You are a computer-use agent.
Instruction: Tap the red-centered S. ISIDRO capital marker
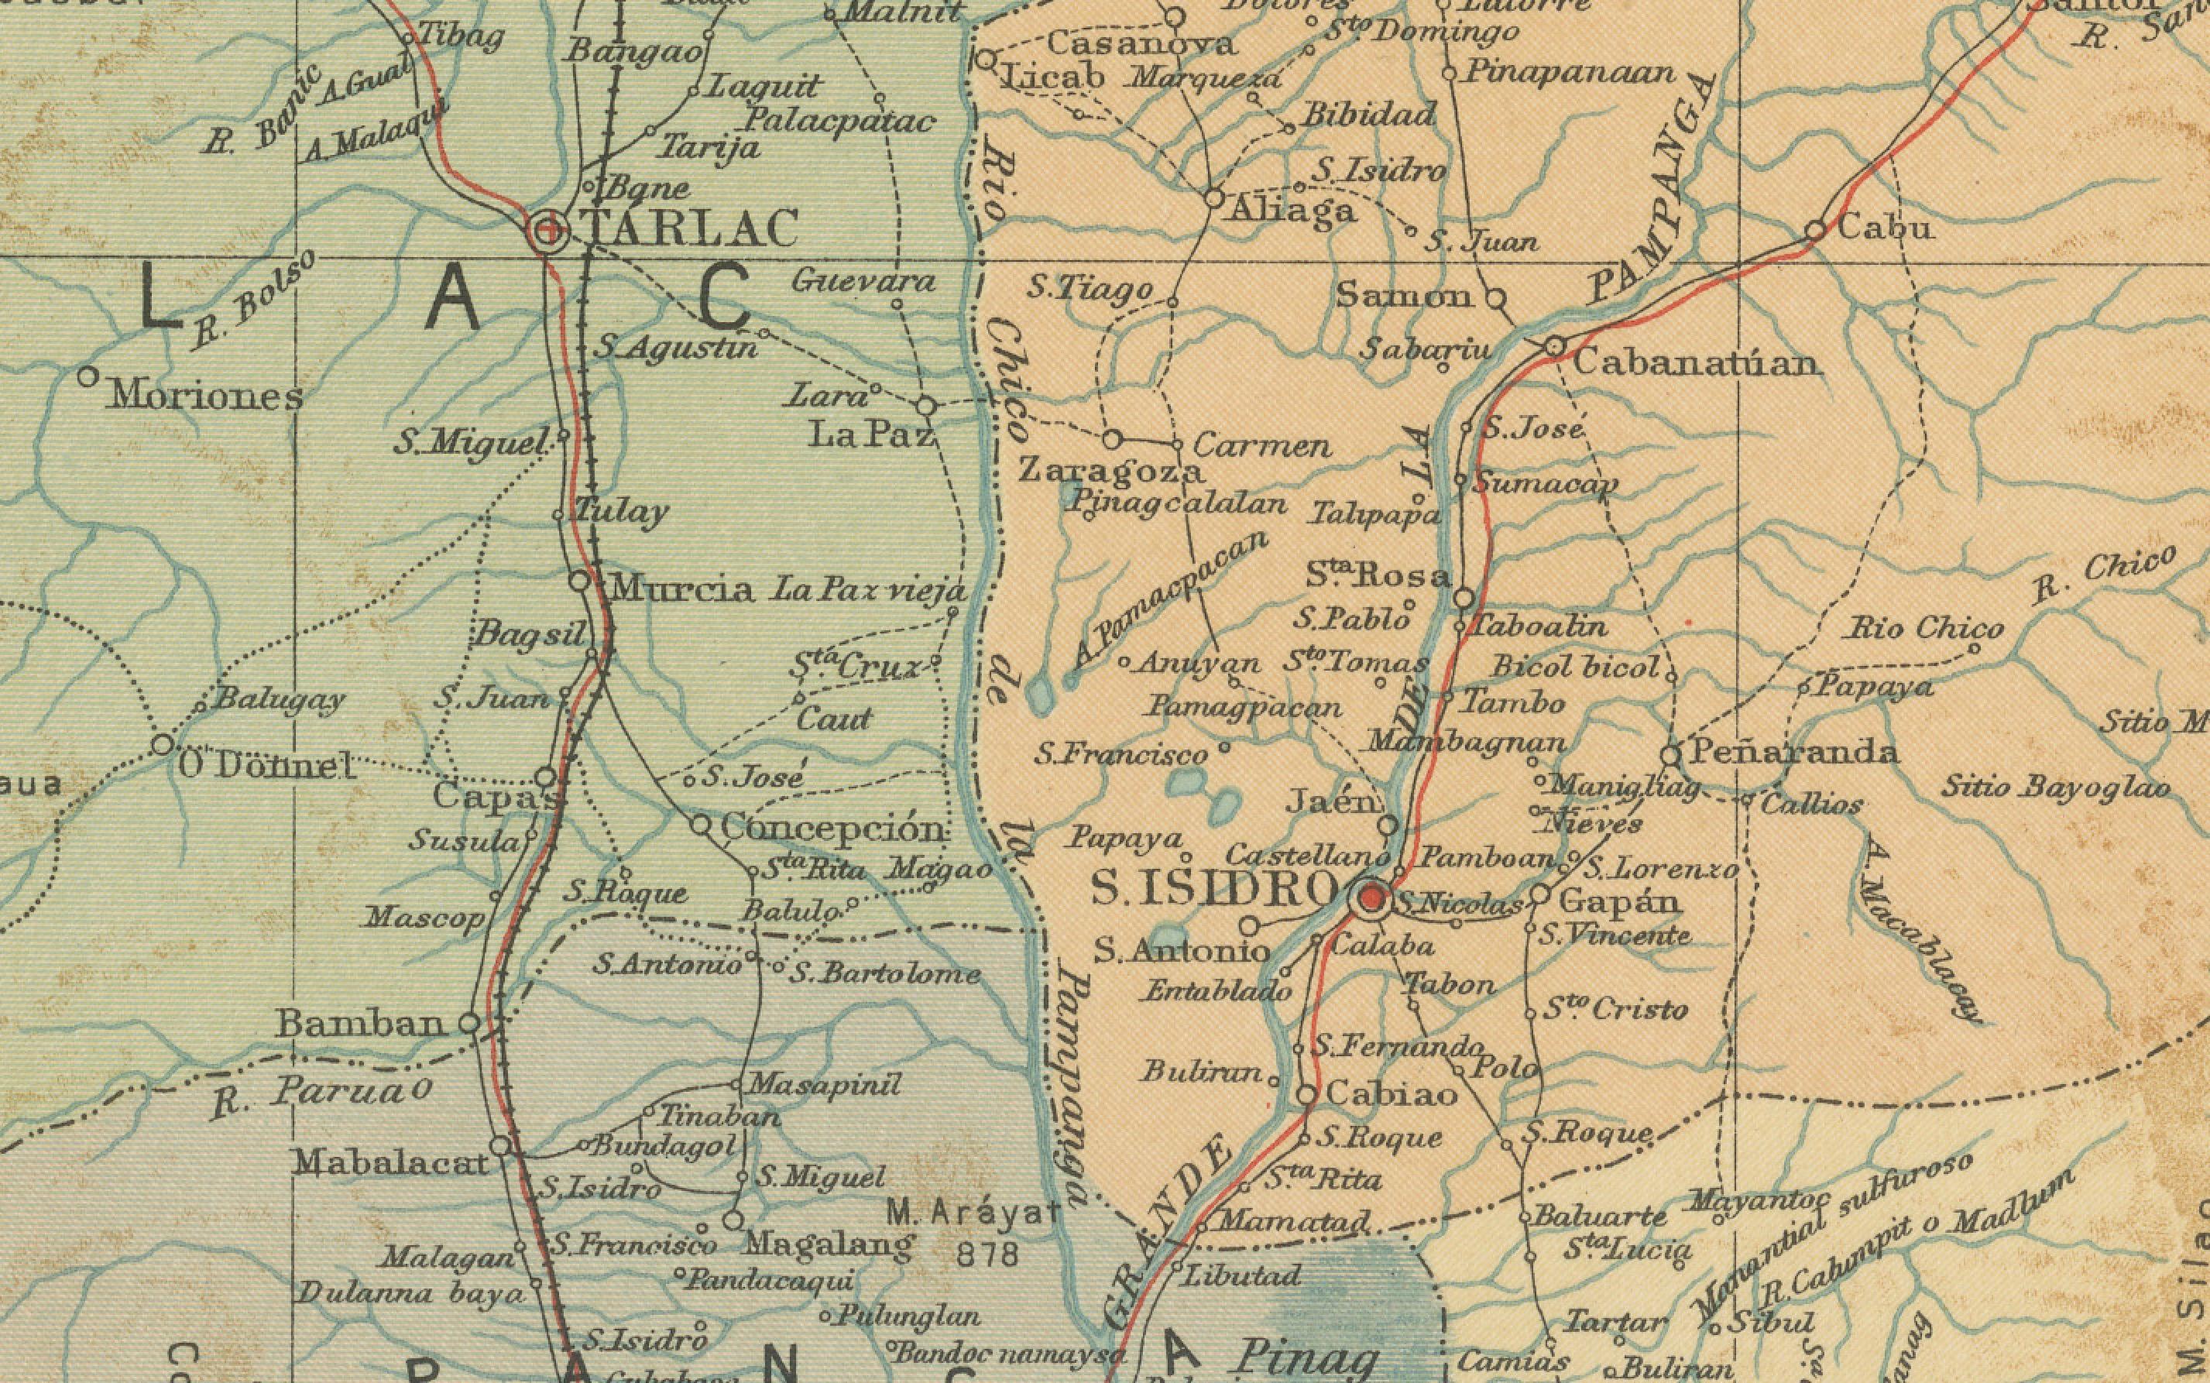coord(1371,900)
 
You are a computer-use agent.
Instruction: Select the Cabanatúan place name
coord(1695,364)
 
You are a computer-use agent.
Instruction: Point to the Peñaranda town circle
coord(1670,756)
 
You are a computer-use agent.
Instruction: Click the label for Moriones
coord(206,397)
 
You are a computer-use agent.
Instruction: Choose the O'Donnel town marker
coord(163,745)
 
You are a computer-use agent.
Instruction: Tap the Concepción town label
coord(832,829)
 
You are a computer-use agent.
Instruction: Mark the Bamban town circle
coord(469,1024)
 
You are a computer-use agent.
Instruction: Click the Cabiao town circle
coord(1308,1094)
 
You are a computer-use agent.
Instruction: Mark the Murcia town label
coord(681,589)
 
